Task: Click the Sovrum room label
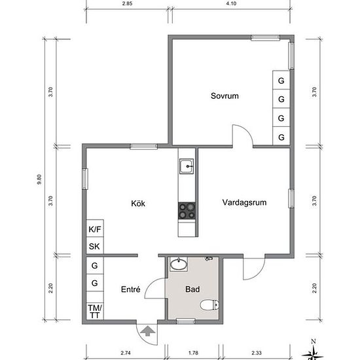pyautogui.click(x=225, y=96)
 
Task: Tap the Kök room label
pyautogui.click(x=138, y=203)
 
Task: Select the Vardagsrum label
pyautogui.click(x=244, y=202)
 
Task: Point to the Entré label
pyautogui.click(x=130, y=289)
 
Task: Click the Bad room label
pyautogui.click(x=192, y=289)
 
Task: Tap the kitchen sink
pyautogui.click(x=187, y=166)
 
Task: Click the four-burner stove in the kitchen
pyautogui.click(x=187, y=211)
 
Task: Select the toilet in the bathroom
pyautogui.click(x=209, y=305)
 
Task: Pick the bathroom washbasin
pyautogui.click(x=179, y=264)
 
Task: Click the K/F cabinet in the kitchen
pyautogui.click(x=95, y=228)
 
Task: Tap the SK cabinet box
pyautogui.click(x=95, y=245)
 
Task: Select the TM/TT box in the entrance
pyautogui.click(x=95, y=312)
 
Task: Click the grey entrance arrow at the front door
pyautogui.click(x=148, y=331)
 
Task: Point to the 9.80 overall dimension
pyautogui.click(x=39, y=179)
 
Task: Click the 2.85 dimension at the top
pyautogui.click(x=127, y=3)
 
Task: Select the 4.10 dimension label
pyautogui.click(x=231, y=3)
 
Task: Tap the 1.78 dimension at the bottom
pyautogui.click(x=193, y=353)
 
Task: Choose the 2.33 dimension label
pyautogui.click(x=256, y=353)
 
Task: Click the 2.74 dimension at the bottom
pyautogui.click(x=126, y=353)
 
